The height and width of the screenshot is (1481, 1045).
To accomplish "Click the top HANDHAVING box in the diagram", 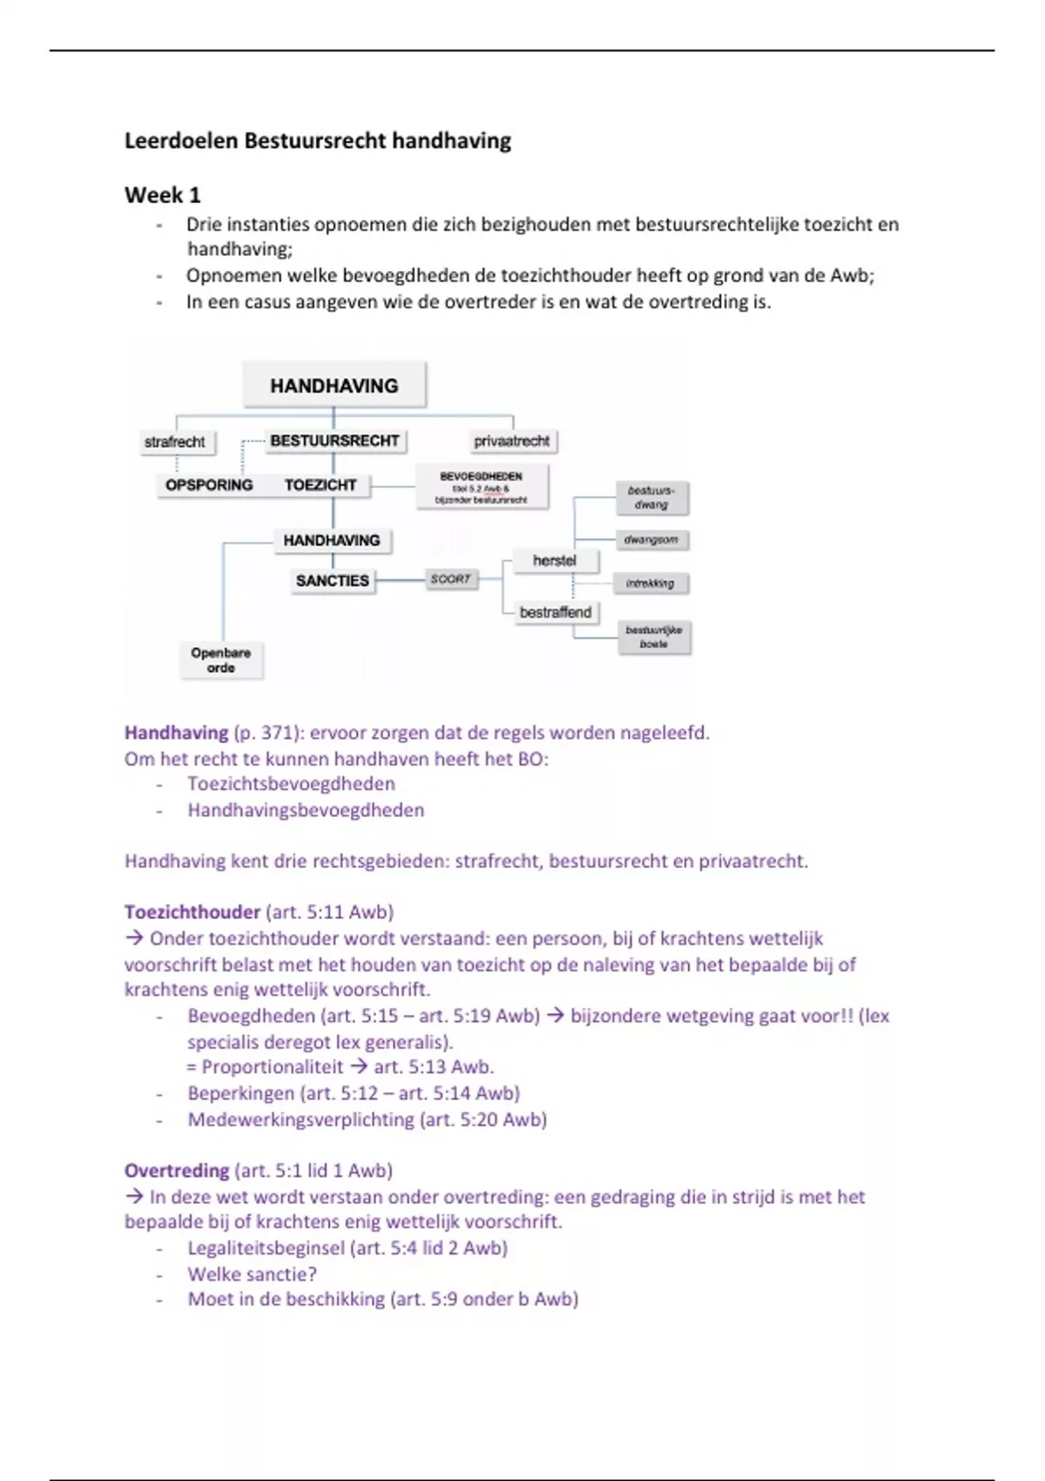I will pyautogui.click(x=334, y=385).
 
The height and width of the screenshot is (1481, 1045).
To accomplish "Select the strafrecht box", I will pyautogui.click(x=175, y=442).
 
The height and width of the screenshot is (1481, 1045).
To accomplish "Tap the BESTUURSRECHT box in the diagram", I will pyautogui.click(x=334, y=441).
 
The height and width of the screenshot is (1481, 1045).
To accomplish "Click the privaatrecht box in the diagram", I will pyautogui.click(x=512, y=441).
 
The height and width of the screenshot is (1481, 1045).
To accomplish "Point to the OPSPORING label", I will pyautogui.click(x=209, y=485).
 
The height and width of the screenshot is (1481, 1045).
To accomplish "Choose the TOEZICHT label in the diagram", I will pyautogui.click(x=320, y=485).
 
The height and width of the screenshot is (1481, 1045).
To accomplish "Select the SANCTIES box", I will pyautogui.click(x=332, y=580).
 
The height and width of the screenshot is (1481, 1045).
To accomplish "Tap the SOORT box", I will pyautogui.click(x=450, y=578).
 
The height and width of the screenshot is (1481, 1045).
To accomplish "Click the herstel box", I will pyautogui.click(x=555, y=560).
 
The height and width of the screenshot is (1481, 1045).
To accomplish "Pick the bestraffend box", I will pyautogui.click(x=556, y=612).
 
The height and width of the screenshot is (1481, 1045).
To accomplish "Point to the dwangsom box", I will pyautogui.click(x=651, y=540).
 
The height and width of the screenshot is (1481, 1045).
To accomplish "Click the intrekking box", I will pyautogui.click(x=651, y=583).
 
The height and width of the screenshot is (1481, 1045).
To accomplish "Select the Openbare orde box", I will pyautogui.click(x=221, y=659).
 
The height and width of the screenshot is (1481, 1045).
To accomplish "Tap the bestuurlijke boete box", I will pyautogui.click(x=654, y=637).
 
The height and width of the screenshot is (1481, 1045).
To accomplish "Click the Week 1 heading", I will pyautogui.click(x=163, y=195).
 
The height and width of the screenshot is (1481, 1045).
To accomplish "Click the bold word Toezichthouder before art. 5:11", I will pyautogui.click(x=192, y=912).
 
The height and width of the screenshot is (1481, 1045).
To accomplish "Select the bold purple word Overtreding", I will pyautogui.click(x=177, y=1170).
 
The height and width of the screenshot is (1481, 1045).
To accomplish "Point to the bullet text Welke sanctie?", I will pyautogui.click(x=253, y=1274).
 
